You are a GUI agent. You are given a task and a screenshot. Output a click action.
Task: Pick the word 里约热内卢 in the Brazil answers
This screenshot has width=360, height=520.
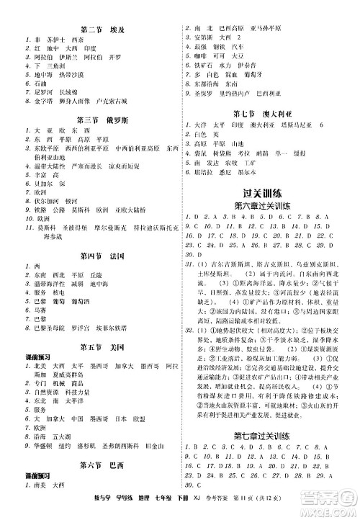(x=238, y=94)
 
